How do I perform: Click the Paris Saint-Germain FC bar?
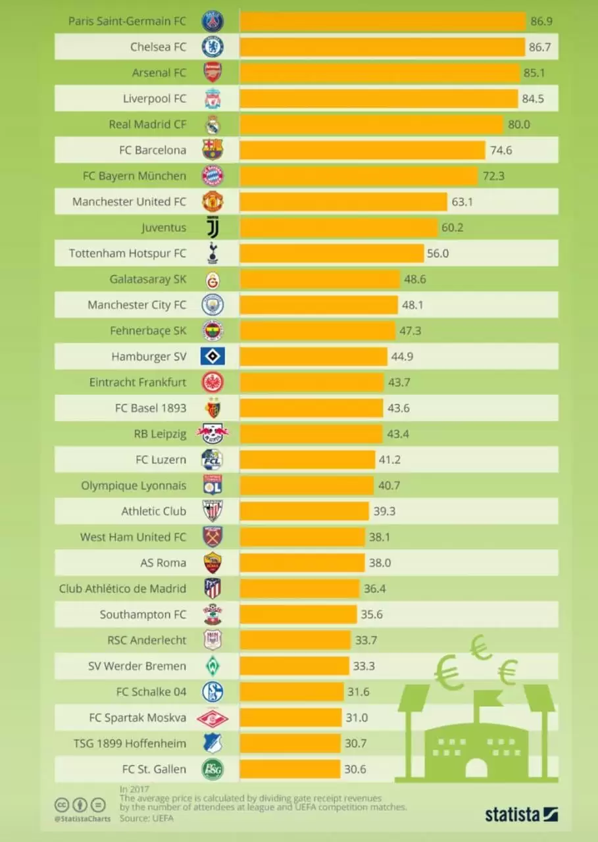382,21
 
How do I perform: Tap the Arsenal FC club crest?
212,72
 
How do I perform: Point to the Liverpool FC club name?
155,99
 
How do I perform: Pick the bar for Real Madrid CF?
371,124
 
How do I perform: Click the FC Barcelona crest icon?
212,150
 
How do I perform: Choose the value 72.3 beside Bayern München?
493,176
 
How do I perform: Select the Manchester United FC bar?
343,202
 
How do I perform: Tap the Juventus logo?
212,228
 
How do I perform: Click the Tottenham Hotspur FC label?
128,253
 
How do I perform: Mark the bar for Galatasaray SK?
320,279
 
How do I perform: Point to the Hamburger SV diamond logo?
212,357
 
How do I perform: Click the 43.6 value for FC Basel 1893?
399,408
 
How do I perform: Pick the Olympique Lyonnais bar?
307,485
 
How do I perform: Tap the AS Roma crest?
212,563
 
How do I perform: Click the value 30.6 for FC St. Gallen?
355,769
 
